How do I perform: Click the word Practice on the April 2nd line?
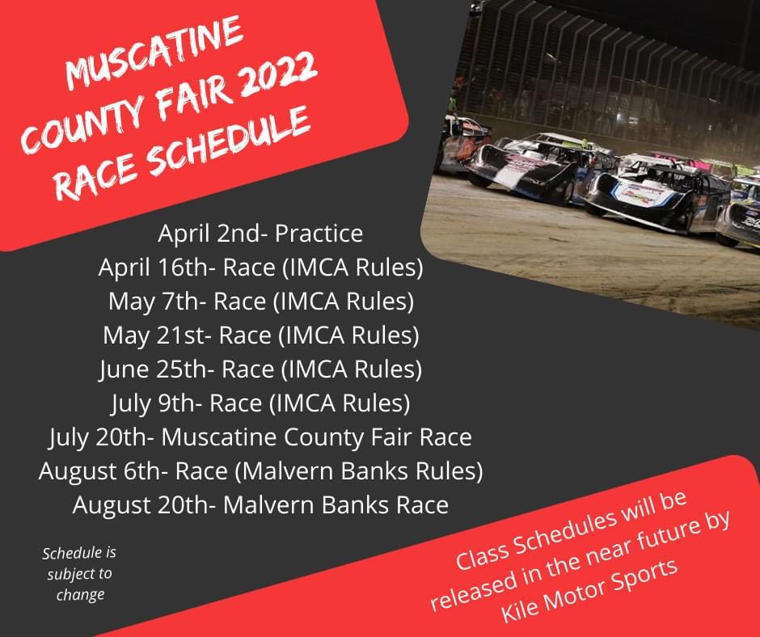(x=319, y=234)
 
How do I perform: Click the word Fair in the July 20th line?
(x=388, y=437)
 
